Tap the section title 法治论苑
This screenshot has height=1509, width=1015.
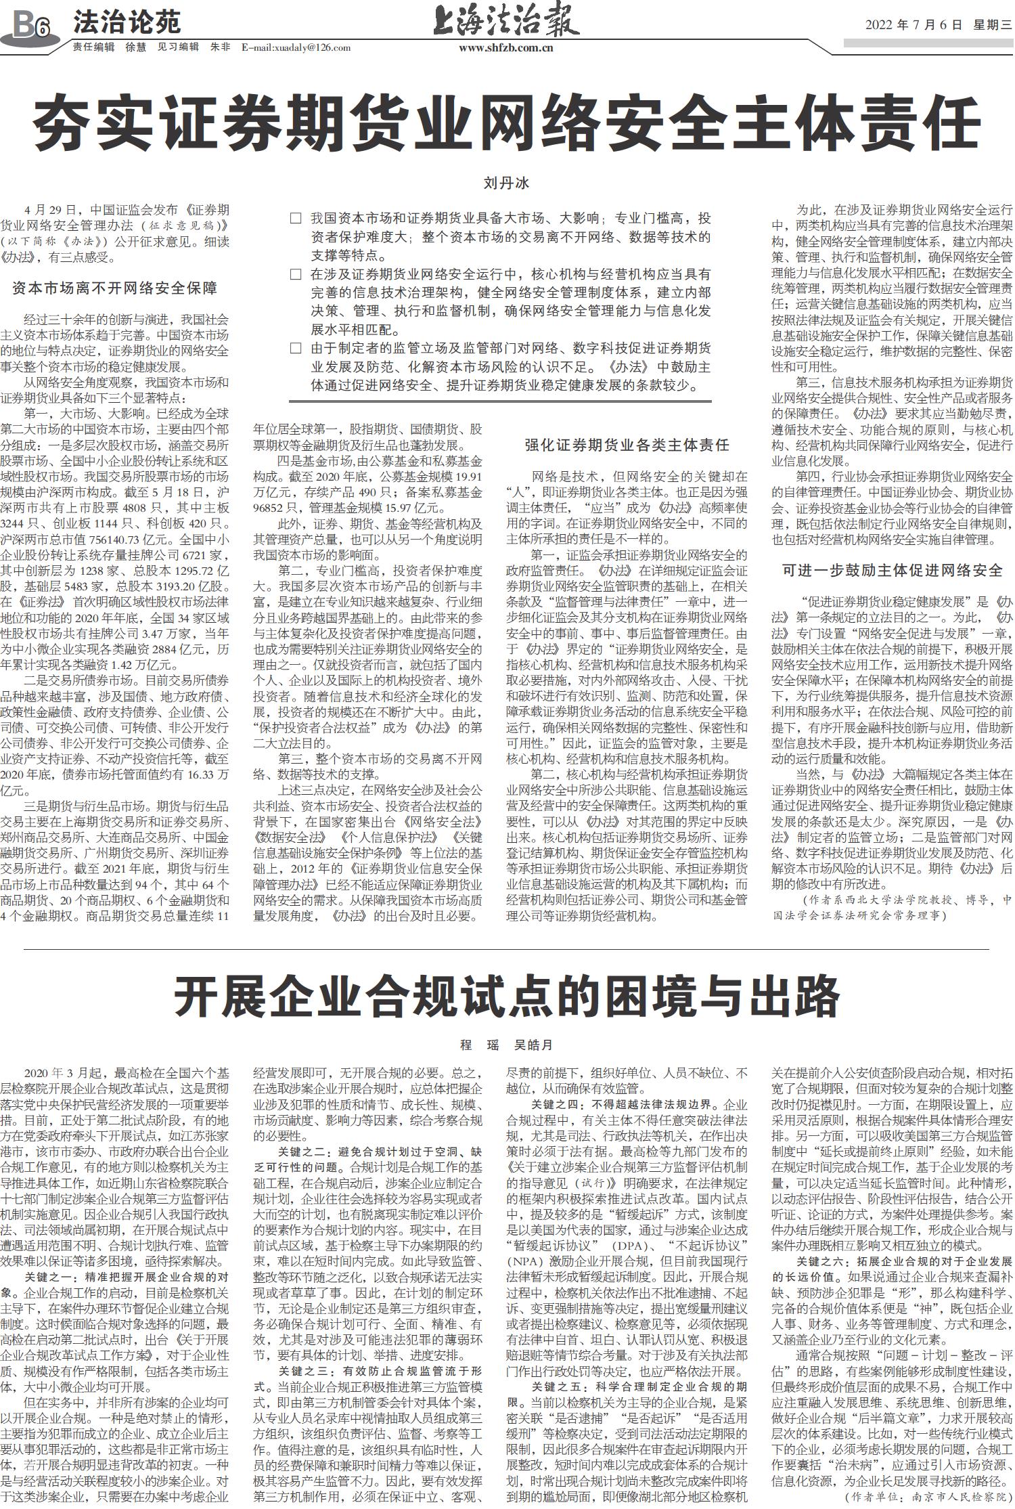pyautogui.click(x=127, y=22)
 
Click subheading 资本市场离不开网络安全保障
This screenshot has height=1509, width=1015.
pyautogui.click(x=114, y=288)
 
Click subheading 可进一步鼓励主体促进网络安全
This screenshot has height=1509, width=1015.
pyautogui.click(x=892, y=570)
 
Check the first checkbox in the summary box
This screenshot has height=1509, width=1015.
pyautogui.click(x=295, y=219)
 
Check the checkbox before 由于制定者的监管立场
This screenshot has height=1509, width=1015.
pyautogui.click(x=295, y=349)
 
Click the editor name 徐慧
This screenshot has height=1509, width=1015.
pyautogui.click(x=135, y=47)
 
